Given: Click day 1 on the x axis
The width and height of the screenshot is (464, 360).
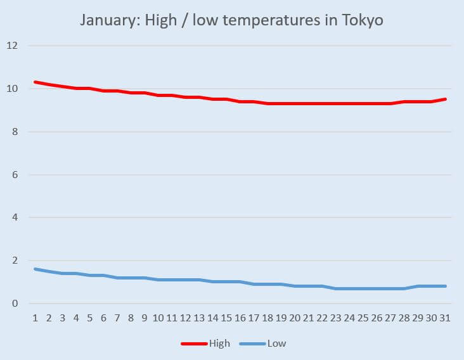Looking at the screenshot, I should tap(35, 317).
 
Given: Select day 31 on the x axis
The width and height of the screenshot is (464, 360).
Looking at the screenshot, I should tap(445, 317).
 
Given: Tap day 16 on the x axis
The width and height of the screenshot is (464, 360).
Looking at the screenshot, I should tap(240, 317).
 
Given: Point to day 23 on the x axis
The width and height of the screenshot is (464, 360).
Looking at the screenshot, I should tap(336, 317).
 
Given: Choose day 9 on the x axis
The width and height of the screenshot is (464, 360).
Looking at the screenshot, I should tap(145, 317).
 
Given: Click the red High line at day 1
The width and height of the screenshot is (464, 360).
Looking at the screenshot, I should tap(35, 82).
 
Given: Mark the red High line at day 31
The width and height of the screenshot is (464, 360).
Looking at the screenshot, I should tap(445, 100).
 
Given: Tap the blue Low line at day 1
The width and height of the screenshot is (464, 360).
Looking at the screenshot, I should tap(35, 269).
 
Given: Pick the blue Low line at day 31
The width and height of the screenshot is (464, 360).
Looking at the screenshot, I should tap(445, 286).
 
